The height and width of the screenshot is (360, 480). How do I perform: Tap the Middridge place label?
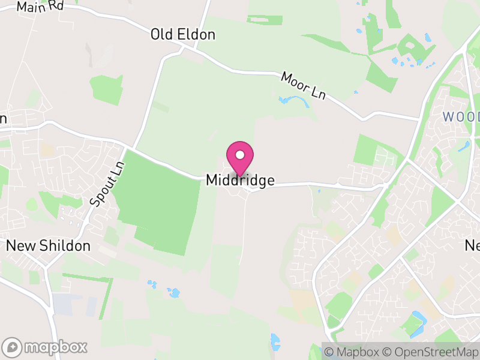[240, 180]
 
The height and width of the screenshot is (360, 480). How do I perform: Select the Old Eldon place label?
[182, 34]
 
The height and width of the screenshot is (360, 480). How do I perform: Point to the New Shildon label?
[48, 245]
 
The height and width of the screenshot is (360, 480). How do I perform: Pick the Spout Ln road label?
[107, 184]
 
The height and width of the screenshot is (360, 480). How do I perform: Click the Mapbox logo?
[46, 347]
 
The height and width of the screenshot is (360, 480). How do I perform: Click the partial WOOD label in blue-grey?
[461, 116]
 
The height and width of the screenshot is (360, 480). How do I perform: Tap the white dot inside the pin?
[240, 155]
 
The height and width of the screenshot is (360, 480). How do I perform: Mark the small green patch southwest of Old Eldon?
[106, 89]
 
